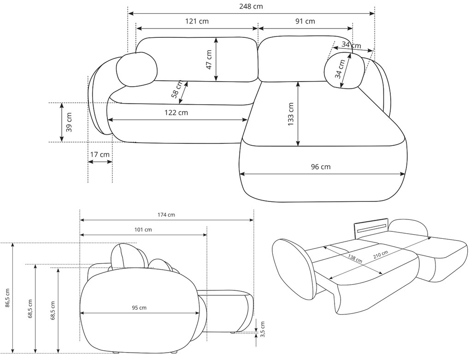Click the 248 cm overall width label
pyautogui.click(x=251, y=6)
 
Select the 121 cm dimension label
pyautogui.click(x=197, y=21)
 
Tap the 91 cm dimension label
pyautogui.click(x=305, y=21)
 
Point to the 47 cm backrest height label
pyautogui.click(x=209, y=59)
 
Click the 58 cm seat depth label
pyautogui.click(x=176, y=89)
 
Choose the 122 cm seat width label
pyautogui.click(x=176, y=112)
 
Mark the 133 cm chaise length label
pyautogui.click(x=291, y=114)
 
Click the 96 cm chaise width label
pyautogui.click(x=321, y=167)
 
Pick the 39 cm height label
pyautogui.click(x=69, y=122)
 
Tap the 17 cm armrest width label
pyautogui.click(x=100, y=155)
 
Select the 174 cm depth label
pyautogui.click(x=166, y=215)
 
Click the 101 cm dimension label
pyautogui.click(x=143, y=230)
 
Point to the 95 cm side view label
pyautogui.click(x=139, y=307)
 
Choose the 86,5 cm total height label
pyautogui.click(x=7, y=298)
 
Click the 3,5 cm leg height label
pyautogui.click(x=263, y=329)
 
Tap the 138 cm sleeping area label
pyautogui.click(x=355, y=259)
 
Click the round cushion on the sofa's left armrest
pyautogui.click(x=137, y=70)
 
